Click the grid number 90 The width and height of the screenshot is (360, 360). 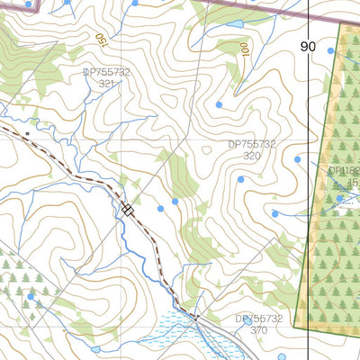(309, 46)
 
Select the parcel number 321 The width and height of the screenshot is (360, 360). (106, 84)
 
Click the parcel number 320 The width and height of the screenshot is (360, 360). (252, 156)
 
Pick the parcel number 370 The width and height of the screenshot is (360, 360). (259, 330)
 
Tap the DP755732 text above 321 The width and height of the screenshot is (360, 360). (106, 72)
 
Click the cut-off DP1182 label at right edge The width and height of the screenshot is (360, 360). (344, 170)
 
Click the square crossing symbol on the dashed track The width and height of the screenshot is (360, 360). (128, 210)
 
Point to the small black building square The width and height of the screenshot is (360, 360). (28, 134)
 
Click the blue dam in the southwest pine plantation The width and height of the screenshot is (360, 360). (31, 295)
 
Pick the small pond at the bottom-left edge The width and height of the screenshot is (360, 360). (95, 349)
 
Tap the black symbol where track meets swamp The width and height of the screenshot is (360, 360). (193, 315)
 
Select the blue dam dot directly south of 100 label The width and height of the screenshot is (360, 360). (219, 104)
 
